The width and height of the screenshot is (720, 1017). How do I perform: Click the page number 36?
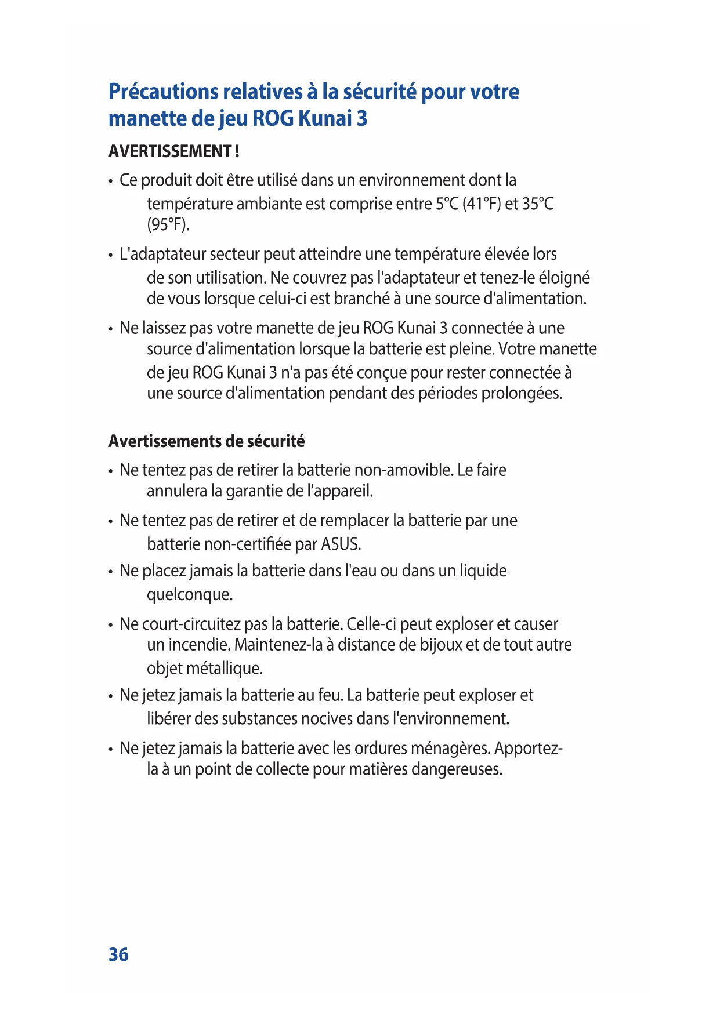[118, 954]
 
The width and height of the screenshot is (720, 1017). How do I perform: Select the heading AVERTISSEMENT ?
[173, 151]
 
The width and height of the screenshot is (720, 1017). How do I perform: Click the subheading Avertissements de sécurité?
[206, 441]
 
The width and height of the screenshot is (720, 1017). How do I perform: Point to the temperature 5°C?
[447, 204]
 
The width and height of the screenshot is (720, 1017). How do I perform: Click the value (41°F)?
[482, 204]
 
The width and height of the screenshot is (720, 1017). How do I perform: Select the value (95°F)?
[168, 224]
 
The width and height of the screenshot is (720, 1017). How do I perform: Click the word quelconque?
[189, 595]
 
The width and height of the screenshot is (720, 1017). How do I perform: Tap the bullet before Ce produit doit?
[110, 181]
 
